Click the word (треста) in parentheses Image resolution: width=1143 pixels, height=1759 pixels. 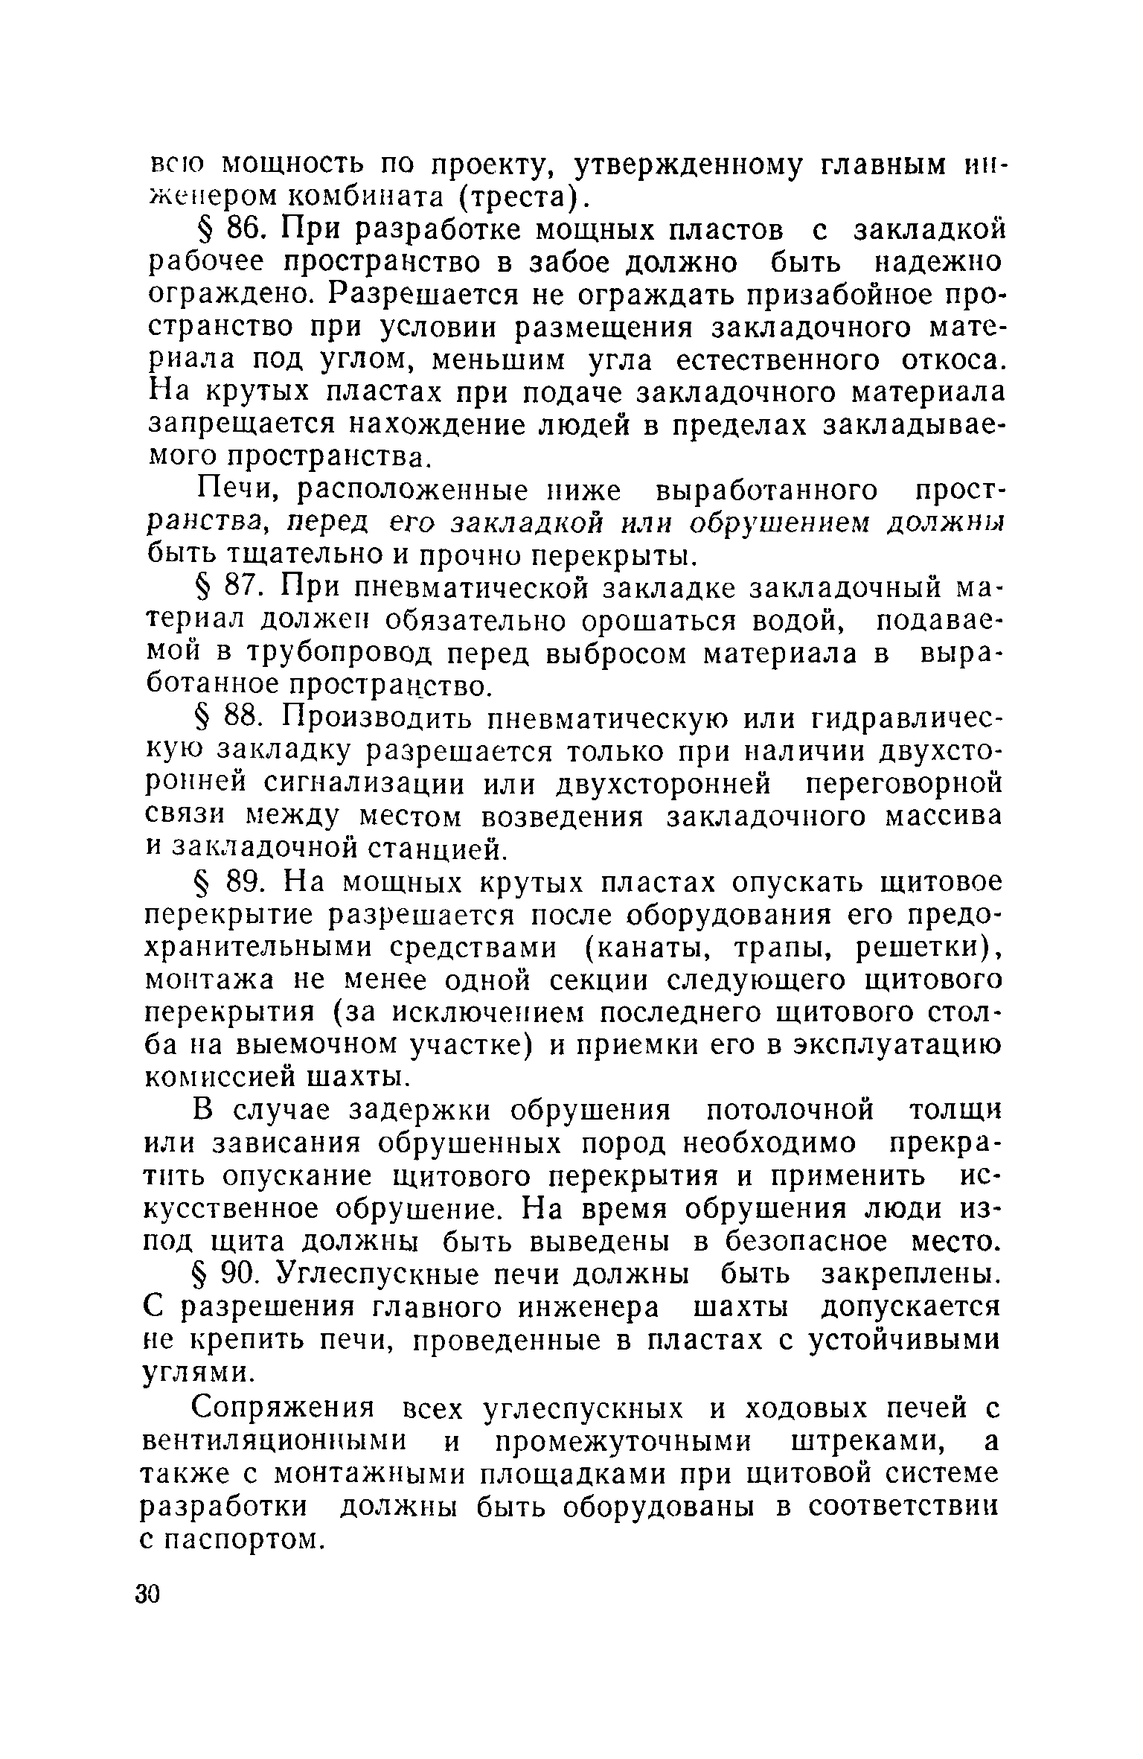click(x=517, y=196)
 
